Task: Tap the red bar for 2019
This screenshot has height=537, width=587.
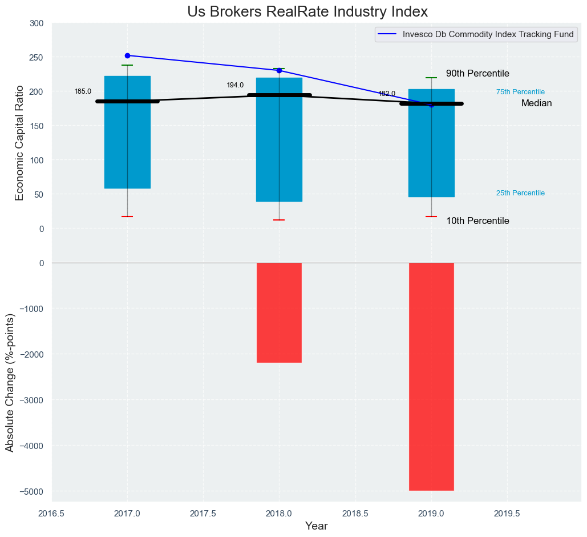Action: [431, 376]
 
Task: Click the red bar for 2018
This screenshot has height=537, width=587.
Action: [279, 312]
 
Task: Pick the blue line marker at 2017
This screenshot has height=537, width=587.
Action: [127, 55]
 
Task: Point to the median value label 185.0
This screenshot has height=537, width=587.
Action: [83, 91]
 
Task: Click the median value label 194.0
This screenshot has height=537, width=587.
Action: [235, 85]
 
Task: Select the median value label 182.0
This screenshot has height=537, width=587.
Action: [387, 94]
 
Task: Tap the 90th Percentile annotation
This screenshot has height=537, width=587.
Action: [477, 74]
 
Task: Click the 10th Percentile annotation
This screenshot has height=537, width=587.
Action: [477, 221]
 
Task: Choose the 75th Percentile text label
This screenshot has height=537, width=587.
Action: [520, 92]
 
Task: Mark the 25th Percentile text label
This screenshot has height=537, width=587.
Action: [520, 193]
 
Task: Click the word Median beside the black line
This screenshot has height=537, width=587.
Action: [536, 103]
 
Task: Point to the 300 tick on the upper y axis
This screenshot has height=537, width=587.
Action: [37, 23]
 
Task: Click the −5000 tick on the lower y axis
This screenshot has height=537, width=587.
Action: [33, 491]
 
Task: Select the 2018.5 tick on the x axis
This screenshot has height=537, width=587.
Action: [355, 514]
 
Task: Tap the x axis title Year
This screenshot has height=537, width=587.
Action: [316, 526]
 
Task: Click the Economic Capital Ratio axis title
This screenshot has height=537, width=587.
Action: [19, 142]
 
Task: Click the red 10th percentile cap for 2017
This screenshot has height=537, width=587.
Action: [127, 217]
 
